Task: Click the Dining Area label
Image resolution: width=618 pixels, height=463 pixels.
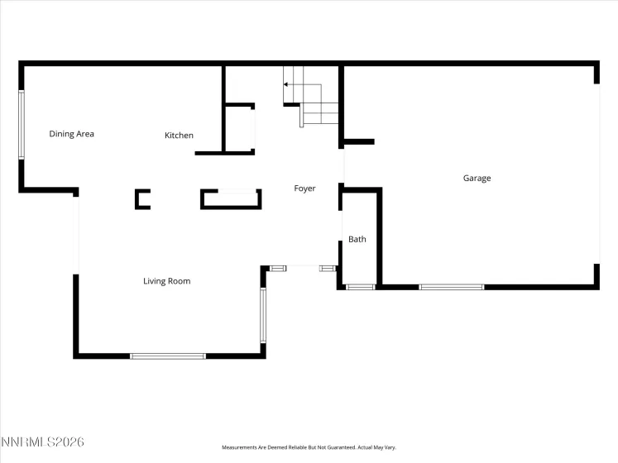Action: pyautogui.click(x=71, y=134)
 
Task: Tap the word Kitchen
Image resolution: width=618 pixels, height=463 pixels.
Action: pyautogui.click(x=179, y=135)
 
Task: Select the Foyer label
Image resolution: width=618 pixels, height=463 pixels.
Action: pyautogui.click(x=304, y=189)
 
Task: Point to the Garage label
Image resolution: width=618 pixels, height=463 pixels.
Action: pyautogui.click(x=477, y=178)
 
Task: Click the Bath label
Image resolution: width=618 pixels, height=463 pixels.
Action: pyautogui.click(x=357, y=239)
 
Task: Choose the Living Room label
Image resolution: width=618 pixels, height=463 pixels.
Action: pyautogui.click(x=167, y=281)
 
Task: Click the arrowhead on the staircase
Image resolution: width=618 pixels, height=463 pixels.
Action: pyautogui.click(x=285, y=84)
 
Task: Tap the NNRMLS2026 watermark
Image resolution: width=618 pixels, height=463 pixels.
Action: pyautogui.click(x=42, y=442)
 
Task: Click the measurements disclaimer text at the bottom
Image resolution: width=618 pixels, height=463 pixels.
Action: pyautogui.click(x=309, y=447)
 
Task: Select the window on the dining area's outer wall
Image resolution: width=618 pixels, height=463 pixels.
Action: pyautogui.click(x=22, y=125)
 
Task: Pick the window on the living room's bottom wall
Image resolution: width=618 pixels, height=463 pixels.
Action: pyautogui.click(x=168, y=356)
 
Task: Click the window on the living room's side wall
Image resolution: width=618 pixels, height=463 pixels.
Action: pyautogui.click(x=263, y=315)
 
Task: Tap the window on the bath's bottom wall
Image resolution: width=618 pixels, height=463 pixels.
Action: pyautogui.click(x=361, y=287)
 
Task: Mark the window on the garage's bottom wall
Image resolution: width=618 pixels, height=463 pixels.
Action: pyautogui.click(x=451, y=287)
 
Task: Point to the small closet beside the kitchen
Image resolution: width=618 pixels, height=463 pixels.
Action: pyautogui.click(x=239, y=128)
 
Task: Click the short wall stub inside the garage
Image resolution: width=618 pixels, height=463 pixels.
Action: pyautogui.click(x=359, y=142)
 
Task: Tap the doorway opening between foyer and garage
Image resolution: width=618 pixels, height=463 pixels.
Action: pyautogui.click(x=342, y=166)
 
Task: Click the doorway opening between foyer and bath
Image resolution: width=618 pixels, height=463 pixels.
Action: pyautogui.click(x=340, y=226)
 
